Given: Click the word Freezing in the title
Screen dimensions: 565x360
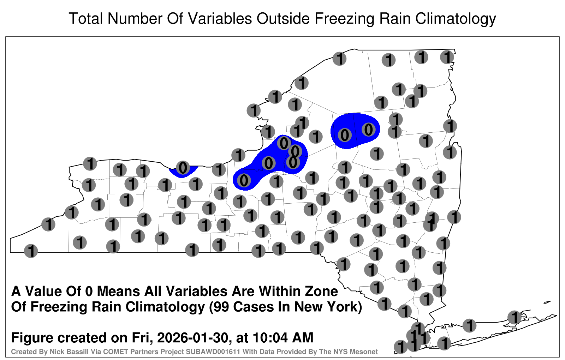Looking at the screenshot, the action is tap(343, 19).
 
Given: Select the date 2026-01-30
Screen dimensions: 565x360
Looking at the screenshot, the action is tap(192, 337).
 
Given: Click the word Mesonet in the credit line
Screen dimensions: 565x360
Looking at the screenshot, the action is tap(365, 352).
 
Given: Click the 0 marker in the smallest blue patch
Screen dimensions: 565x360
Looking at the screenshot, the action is tap(183, 168).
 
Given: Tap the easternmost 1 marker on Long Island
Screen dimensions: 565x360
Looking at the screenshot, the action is tap(514, 317).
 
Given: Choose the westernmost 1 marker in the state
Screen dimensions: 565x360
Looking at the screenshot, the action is tap(31, 251).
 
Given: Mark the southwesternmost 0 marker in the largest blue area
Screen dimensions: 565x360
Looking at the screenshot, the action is tap(244, 180).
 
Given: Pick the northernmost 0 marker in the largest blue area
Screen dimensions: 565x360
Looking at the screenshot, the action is tap(284, 143).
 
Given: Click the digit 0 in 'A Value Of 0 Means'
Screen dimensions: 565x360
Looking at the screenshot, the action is tap(89, 291).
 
